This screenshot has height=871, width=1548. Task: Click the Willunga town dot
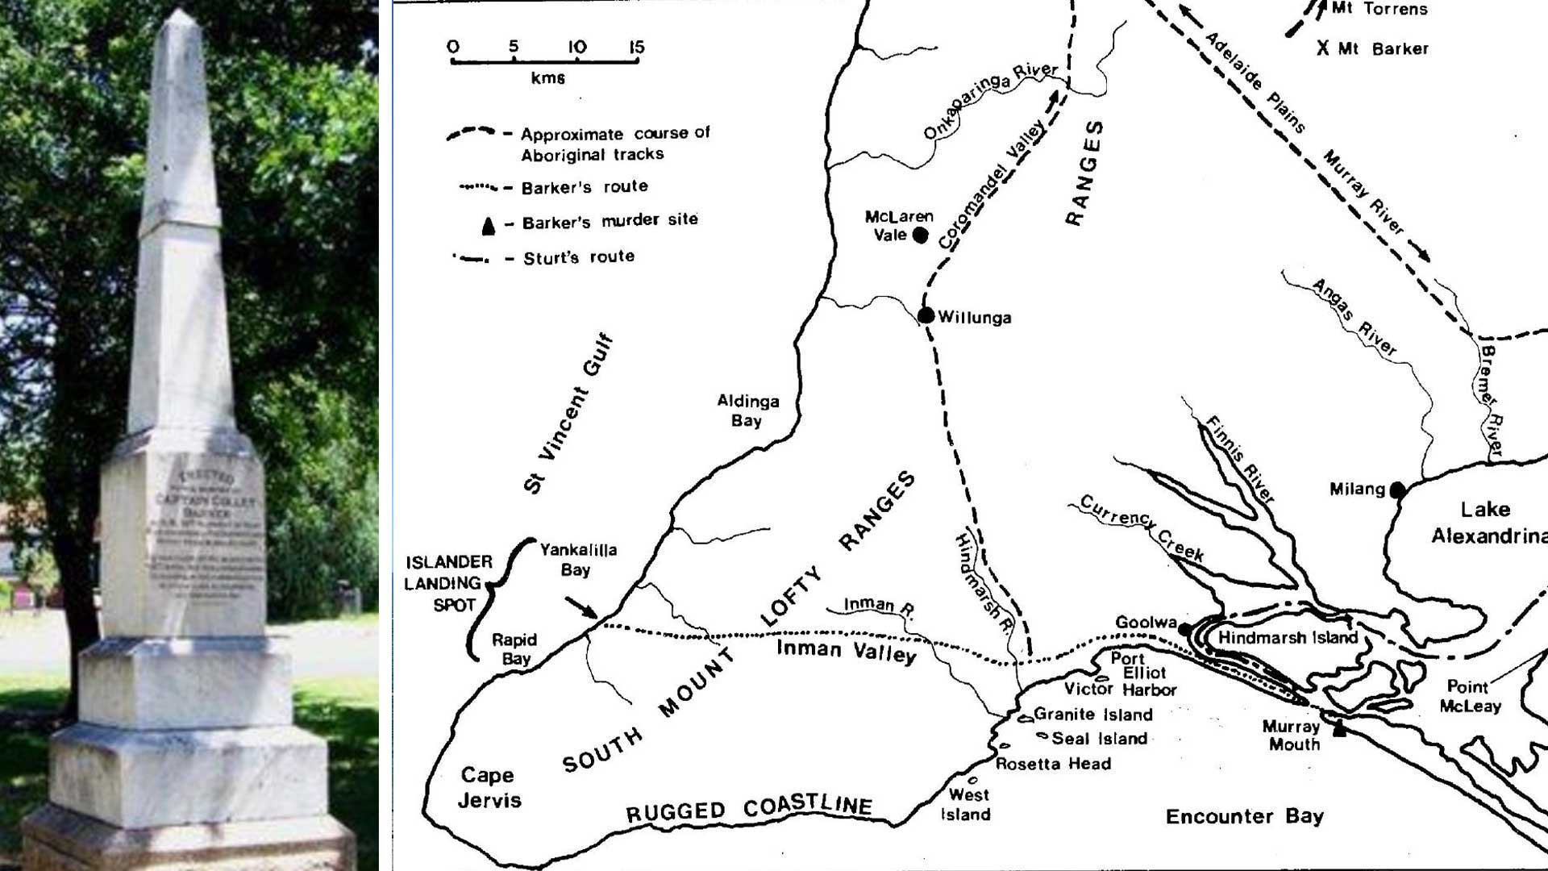(x=926, y=315)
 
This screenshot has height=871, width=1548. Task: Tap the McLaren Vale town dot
(x=920, y=235)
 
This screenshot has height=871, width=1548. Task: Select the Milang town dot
(x=1397, y=490)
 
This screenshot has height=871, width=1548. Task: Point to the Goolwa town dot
(x=1185, y=628)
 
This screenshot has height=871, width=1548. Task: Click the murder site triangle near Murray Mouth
(x=1339, y=729)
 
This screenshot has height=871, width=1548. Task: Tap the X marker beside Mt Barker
(x=1322, y=48)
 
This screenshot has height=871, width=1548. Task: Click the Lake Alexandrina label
(x=1488, y=522)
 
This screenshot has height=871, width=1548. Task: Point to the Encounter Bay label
(x=1244, y=817)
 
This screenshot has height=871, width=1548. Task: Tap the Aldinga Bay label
(x=747, y=410)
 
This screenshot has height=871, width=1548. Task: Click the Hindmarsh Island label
(x=1288, y=638)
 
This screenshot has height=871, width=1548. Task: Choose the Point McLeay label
(x=1470, y=696)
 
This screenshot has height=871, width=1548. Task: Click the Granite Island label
(x=1092, y=715)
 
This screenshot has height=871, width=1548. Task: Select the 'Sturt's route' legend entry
(x=578, y=257)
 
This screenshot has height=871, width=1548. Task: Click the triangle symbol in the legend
(x=488, y=227)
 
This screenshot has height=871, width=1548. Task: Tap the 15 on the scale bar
(x=637, y=47)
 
